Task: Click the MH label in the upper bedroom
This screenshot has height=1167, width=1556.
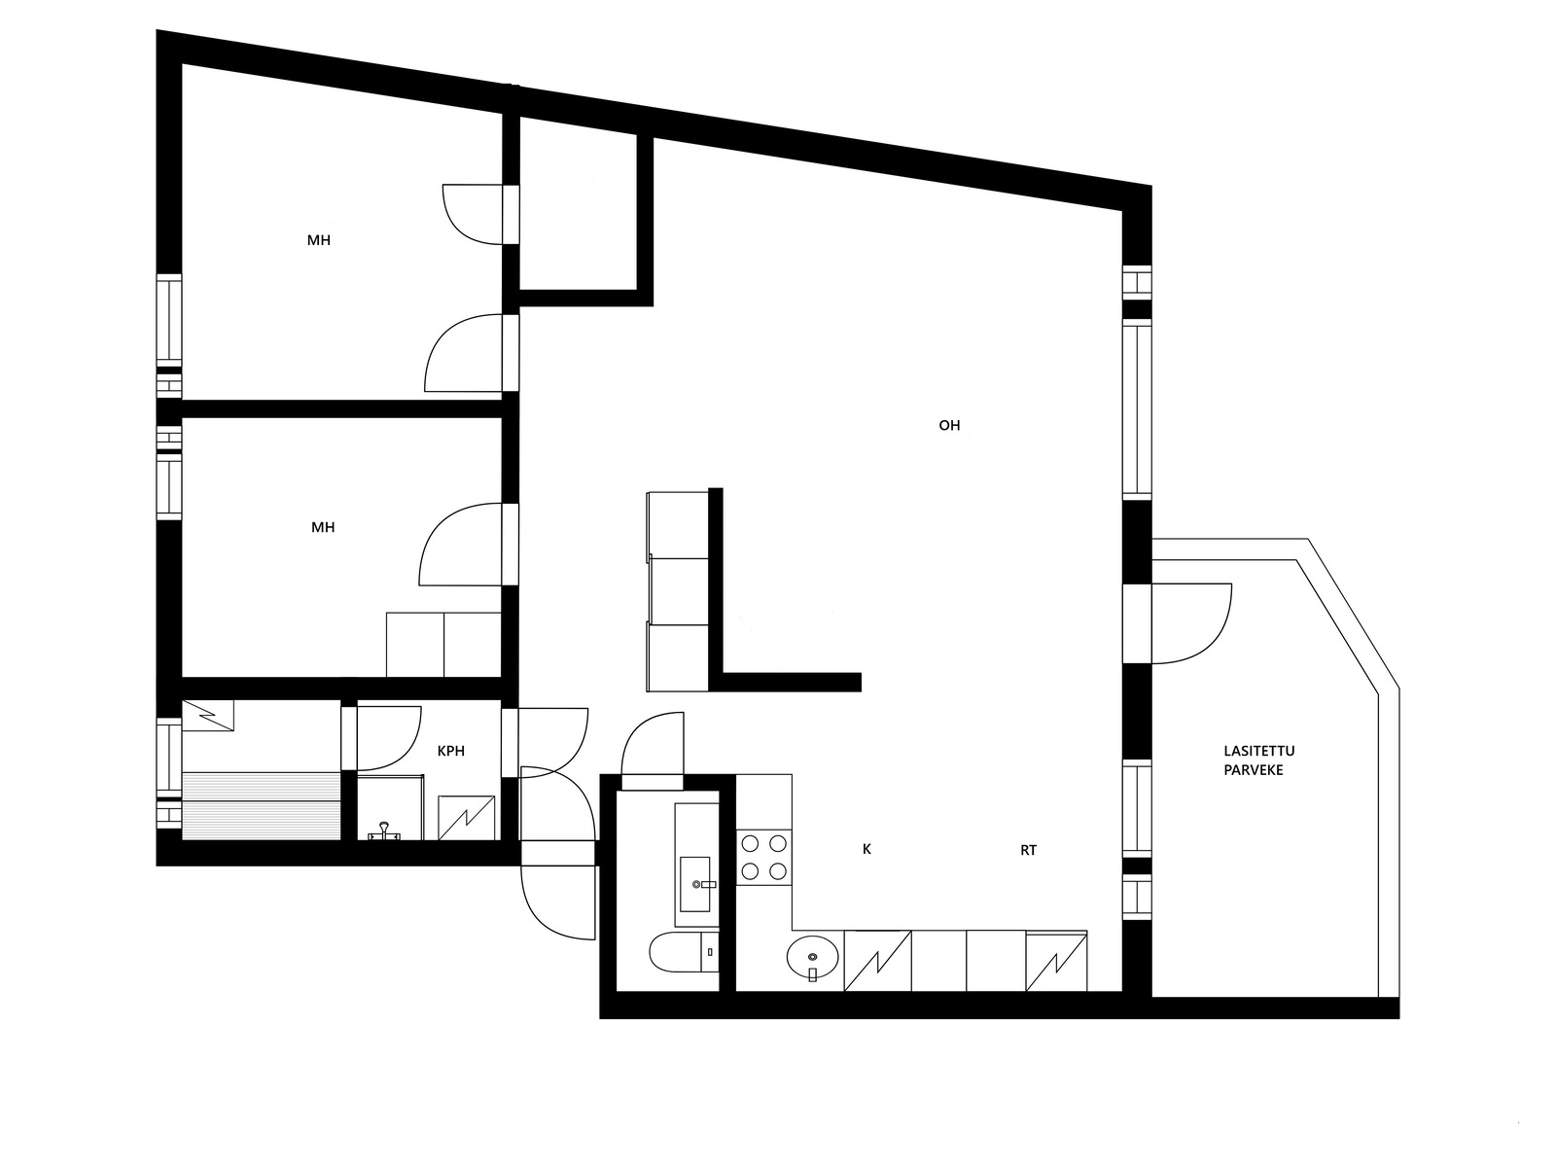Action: [x=318, y=240]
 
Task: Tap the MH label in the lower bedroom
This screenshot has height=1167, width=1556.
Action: [x=323, y=527]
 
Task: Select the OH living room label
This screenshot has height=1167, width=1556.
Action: [x=949, y=425]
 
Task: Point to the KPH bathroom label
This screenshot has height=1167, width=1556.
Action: [x=451, y=751]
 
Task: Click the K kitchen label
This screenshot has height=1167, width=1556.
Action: [x=866, y=849]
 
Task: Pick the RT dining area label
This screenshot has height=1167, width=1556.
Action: [x=1029, y=850]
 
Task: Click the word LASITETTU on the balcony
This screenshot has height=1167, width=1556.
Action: [x=1259, y=751]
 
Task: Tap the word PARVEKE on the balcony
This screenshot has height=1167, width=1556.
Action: [x=1254, y=770]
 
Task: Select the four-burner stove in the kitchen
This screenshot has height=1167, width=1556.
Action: [x=763, y=857]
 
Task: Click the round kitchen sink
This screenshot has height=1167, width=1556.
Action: [x=812, y=958]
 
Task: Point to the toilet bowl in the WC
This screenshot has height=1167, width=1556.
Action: [x=676, y=953]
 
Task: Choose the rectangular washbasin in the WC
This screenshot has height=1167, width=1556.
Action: [x=694, y=884]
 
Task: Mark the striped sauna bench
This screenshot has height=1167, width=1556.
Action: [x=262, y=805]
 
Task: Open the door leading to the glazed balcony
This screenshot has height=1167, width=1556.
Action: [x=1191, y=623]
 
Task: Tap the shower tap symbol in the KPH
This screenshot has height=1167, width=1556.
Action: [x=383, y=831]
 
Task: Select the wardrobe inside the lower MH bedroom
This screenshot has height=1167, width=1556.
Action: [x=443, y=645]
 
